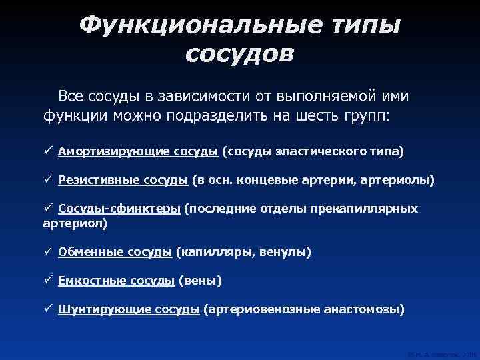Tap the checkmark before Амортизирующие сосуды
tap(48, 151)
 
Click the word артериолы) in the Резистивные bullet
tap(398, 180)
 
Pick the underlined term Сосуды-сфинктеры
tap(119, 209)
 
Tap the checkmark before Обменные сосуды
tap(48, 253)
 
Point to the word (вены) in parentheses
tap(200, 281)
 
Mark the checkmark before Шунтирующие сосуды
tap(48, 309)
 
